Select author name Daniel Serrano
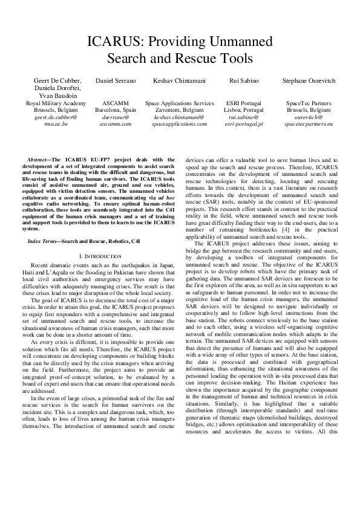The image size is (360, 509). coord(116,80)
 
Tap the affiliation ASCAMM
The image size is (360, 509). coord(116,103)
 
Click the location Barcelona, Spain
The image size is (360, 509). coord(116,111)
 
